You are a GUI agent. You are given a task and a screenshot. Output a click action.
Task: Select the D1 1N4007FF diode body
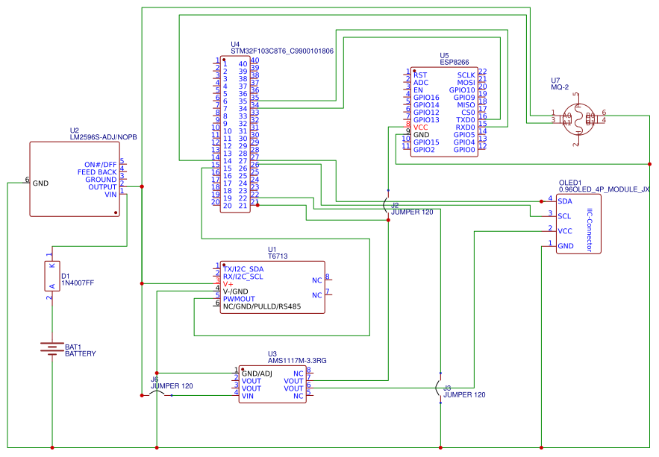coord(51,277)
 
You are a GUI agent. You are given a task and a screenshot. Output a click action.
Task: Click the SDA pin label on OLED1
coord(565,201)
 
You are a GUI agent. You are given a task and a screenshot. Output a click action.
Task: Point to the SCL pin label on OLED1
coord(564,216)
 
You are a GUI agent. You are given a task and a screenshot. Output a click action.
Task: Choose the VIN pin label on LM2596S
coord(110,195)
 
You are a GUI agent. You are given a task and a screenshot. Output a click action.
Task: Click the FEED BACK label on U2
coord(97,172)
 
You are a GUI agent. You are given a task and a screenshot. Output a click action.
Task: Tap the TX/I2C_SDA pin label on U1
coord(243,268)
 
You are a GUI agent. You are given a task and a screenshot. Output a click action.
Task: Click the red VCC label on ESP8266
coord(420,127)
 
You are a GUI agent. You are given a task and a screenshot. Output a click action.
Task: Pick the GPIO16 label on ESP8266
coord(426,98)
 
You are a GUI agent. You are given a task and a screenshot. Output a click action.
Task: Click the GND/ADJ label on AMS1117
coord(257,373)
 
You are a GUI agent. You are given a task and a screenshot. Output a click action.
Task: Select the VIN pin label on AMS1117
coord(248,396)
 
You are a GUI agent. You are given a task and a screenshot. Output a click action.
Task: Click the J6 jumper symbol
coord(156,394)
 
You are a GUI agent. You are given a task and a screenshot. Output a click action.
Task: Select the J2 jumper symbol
coord(387,204)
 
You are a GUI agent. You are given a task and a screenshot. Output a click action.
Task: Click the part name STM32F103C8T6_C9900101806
coord(282,52)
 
